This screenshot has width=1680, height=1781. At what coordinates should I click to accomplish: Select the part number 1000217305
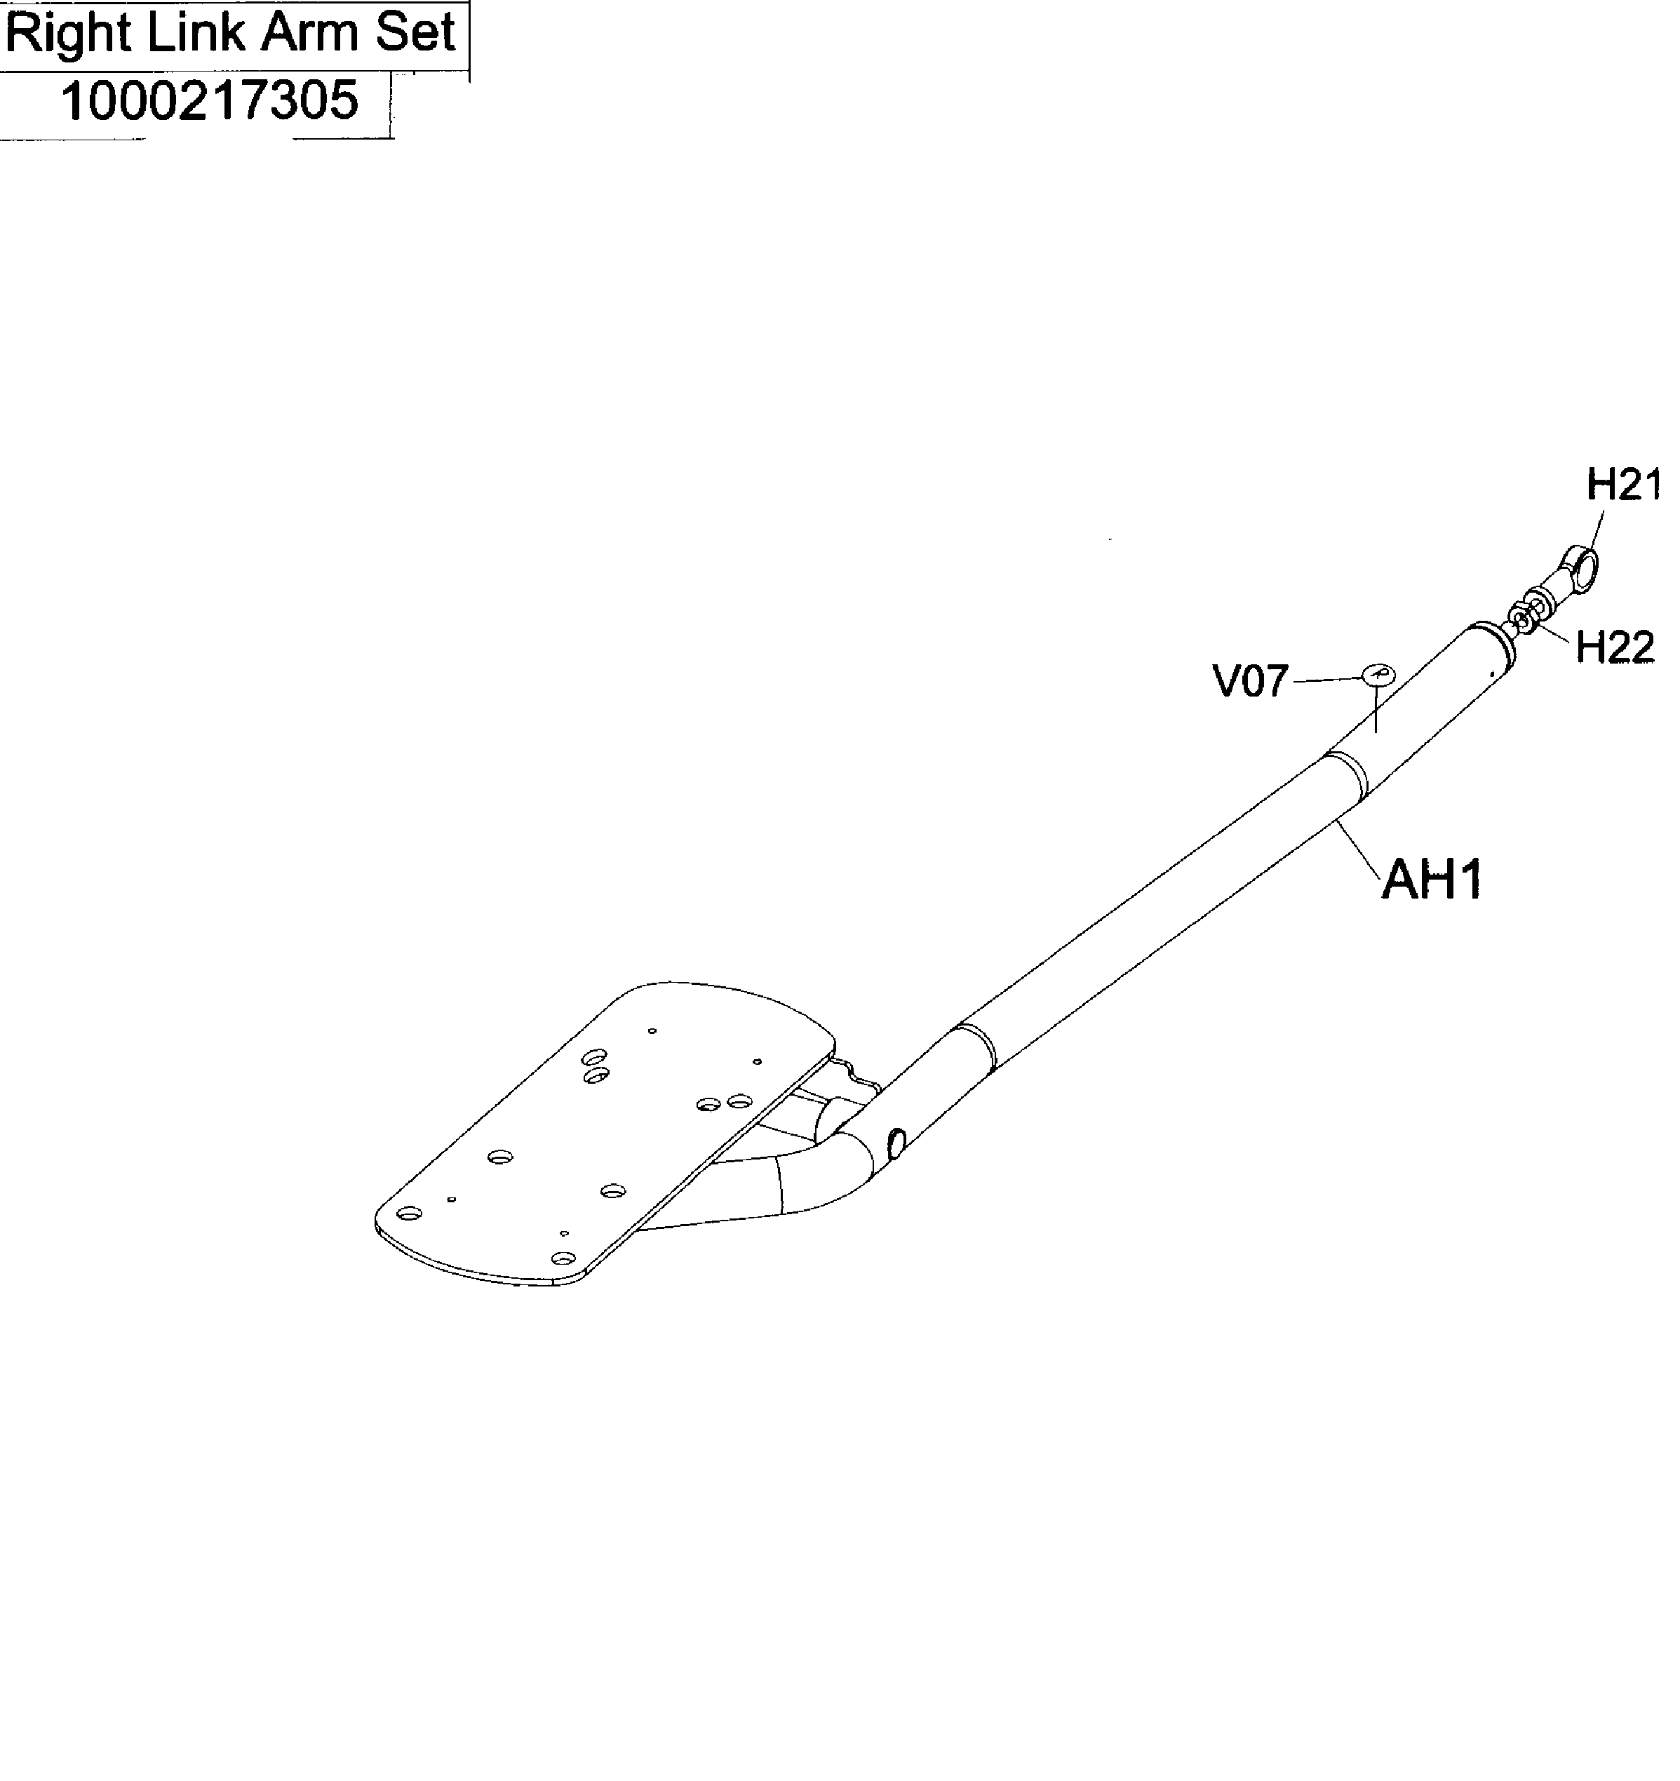tap(210, 100)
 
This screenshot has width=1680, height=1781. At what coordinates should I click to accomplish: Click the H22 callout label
tap(1615, 647)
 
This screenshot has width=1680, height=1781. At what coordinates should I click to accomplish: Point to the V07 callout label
tap(1251, 682)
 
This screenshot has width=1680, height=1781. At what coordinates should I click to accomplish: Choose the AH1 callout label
tap(1432, 879)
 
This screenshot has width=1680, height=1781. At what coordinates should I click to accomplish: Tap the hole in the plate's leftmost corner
tap(410, 1214)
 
